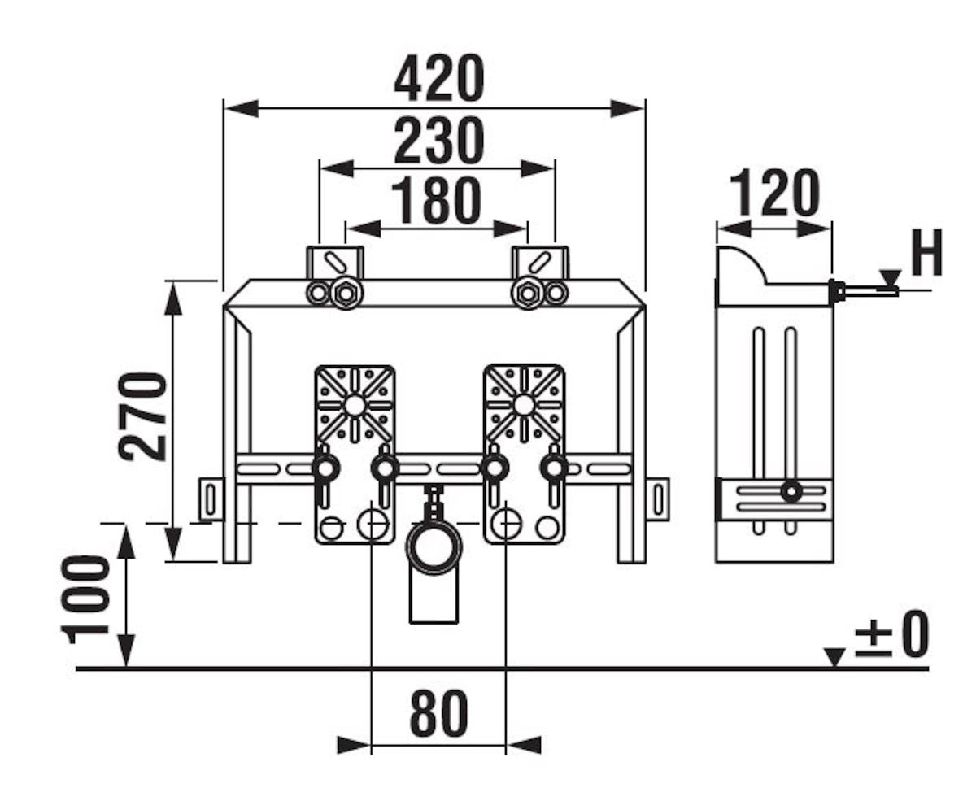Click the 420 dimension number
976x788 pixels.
point(438,79)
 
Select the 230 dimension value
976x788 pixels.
point(438,141)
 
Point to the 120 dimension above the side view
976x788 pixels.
point(773,194)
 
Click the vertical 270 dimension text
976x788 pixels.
point(143,416)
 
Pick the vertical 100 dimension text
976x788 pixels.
point(87,599)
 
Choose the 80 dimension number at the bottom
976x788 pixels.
point(438,713)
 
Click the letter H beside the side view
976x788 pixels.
point(926,254)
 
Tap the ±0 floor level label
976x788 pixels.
point(892,635)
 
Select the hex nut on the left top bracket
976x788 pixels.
point(346,293)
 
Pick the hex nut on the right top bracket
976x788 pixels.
point(527,293)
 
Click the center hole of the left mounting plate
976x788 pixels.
point(355,404)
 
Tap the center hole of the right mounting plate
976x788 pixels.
point(524,404)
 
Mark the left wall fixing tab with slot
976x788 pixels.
point(211,498)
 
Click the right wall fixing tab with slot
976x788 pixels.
point(657,498)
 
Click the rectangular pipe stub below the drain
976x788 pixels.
point(434,600)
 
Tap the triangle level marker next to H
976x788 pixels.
point(890,278)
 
